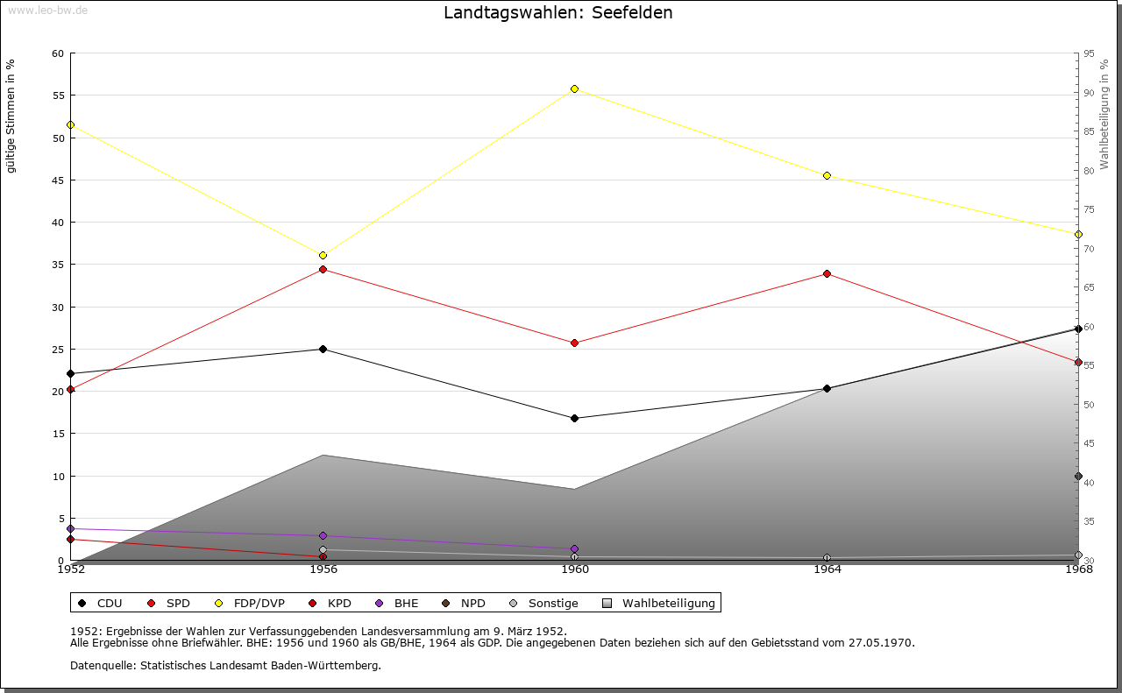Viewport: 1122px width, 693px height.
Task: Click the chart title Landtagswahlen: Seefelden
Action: pos(558,13)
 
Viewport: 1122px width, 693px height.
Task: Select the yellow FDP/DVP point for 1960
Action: pos(574,88)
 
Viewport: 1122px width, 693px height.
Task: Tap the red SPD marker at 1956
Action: pos(323,269)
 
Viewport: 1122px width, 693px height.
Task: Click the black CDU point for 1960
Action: pos(574,418)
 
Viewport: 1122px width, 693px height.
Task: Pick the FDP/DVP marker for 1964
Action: pos(827,175)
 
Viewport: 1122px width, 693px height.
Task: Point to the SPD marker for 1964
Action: pos(827,273)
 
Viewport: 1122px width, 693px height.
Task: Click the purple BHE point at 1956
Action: pos(323,535)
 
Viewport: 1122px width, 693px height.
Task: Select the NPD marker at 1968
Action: pos(1078,477)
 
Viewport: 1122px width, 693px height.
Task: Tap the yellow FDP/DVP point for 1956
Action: pos(323,255)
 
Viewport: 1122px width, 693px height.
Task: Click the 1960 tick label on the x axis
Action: pos(575,569)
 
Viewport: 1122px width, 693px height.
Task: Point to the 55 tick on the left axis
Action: pos(58,95)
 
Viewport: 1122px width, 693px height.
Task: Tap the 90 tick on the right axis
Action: pos(1089,93)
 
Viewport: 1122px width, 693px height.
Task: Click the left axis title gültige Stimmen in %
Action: pos(11,116)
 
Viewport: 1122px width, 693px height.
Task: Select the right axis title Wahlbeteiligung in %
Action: pos(1104,115)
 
